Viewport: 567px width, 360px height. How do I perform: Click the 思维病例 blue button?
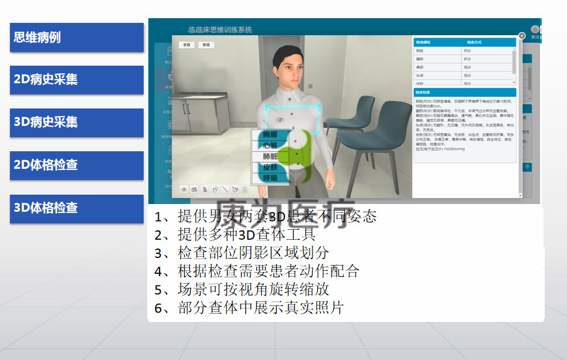click(76, 38)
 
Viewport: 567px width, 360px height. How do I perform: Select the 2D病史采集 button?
click(76, 80)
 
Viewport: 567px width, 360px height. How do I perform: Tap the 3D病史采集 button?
click(76, 123)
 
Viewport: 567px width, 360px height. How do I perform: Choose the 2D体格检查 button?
click(76, 165)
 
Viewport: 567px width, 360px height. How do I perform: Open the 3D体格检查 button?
click(76, 208)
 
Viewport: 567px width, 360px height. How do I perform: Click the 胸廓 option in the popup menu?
click(270, 135)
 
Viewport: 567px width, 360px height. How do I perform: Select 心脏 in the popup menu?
click(270, 146)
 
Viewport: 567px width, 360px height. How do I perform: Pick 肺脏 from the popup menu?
click(270, 157)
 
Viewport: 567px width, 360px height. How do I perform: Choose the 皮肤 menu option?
click(270, 167)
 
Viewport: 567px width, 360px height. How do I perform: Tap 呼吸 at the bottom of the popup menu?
click(270, 178)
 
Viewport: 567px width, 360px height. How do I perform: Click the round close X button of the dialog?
click(522, 35)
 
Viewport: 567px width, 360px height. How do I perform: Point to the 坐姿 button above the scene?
click(187, 45)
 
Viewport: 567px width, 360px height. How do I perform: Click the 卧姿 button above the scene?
click(206, 45)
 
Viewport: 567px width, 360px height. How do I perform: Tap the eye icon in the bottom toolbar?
click(184, 189)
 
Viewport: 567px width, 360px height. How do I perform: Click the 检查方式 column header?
click(474, 43)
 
